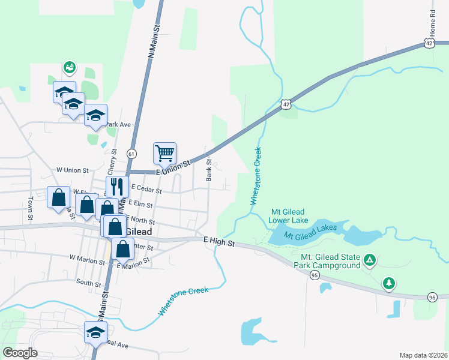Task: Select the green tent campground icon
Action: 370,260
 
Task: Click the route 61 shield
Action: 131,154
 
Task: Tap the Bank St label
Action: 209,169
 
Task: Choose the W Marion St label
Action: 87,258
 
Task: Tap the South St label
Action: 88,281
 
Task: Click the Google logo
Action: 20,353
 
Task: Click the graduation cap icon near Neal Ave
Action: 95,332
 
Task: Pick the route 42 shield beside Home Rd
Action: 427,43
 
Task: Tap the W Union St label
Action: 72,170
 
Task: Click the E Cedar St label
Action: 145,190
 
